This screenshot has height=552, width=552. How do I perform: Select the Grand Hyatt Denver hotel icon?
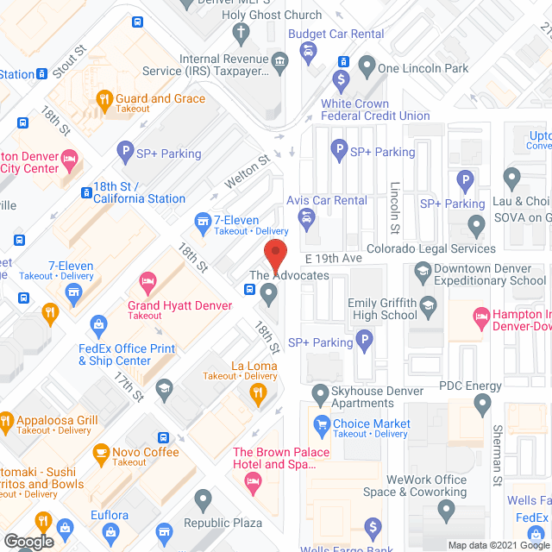(x=145, y=281)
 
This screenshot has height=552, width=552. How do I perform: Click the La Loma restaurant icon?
(x=256, y=392)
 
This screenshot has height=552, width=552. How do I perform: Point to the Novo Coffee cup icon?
(x=102, y=453)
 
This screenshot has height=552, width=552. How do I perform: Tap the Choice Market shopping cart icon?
(x=321, y=423)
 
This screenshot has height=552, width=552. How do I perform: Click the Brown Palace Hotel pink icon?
(x=253, y=486)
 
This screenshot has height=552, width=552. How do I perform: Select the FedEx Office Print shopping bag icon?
(x=98, y=325)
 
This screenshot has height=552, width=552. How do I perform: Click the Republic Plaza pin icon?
(x=204, y=498)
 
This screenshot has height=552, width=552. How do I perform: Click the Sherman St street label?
(x=497, y=468)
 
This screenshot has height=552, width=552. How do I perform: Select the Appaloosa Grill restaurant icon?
(x=6, y=423)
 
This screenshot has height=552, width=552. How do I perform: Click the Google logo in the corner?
(x=28, y=541)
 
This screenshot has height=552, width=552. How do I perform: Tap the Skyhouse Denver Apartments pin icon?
(x=320, y=392)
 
